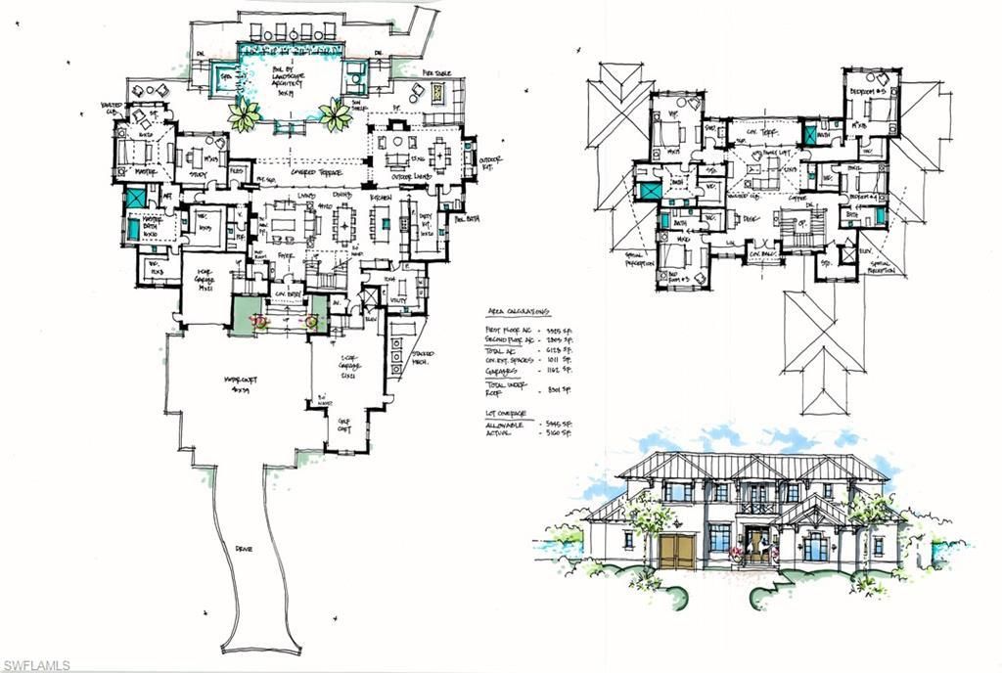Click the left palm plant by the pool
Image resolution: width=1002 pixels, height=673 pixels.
pyautogui.click(x=241, y=116)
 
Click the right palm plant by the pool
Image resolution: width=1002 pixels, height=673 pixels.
pyautogui.click(x=335, y=115)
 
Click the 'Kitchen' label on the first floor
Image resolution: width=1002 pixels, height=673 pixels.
pyautogui.click(x=382, y=198)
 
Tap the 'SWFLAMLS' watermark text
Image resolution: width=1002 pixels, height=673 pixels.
pyautogui.click(x=35, y=664)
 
